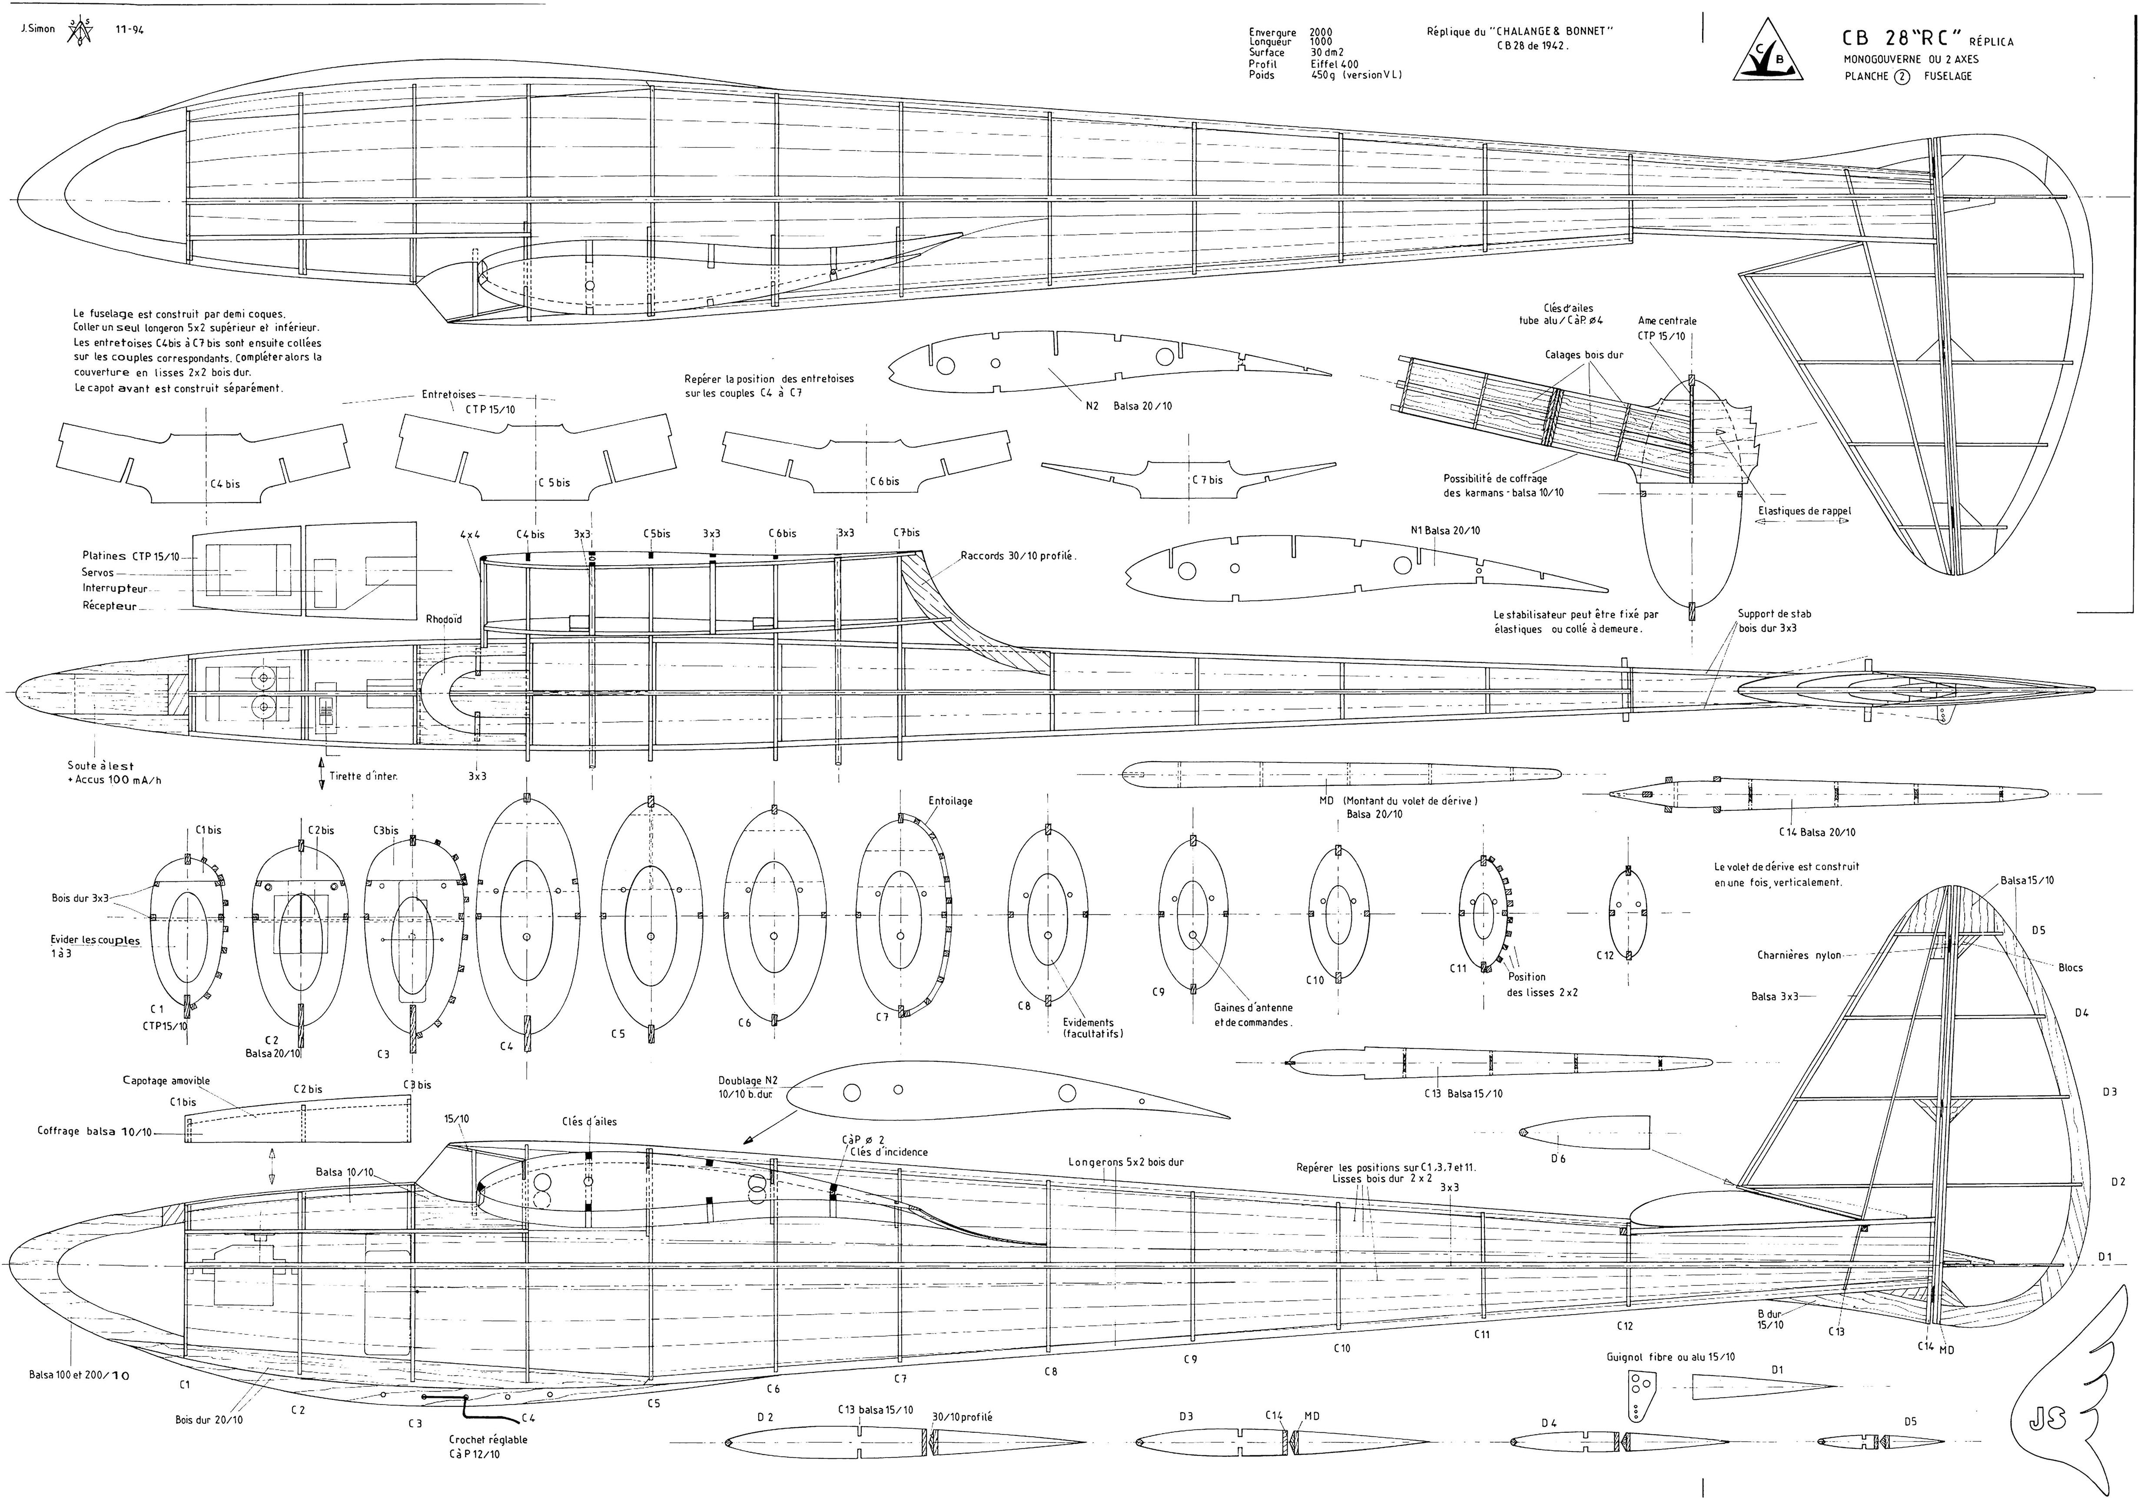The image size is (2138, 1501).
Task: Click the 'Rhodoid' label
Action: click(x=443, y=619)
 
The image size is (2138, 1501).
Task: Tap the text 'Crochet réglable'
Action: click(x=488, y=1438)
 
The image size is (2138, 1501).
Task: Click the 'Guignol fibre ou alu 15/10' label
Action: click(x=1670, y=1357)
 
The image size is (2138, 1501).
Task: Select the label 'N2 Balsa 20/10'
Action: click(x=1129, y=406)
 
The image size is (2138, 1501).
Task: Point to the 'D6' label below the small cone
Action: click(x=1558, y=1158)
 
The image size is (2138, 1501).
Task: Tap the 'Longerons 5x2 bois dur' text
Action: click(x=1126, y=1162)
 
